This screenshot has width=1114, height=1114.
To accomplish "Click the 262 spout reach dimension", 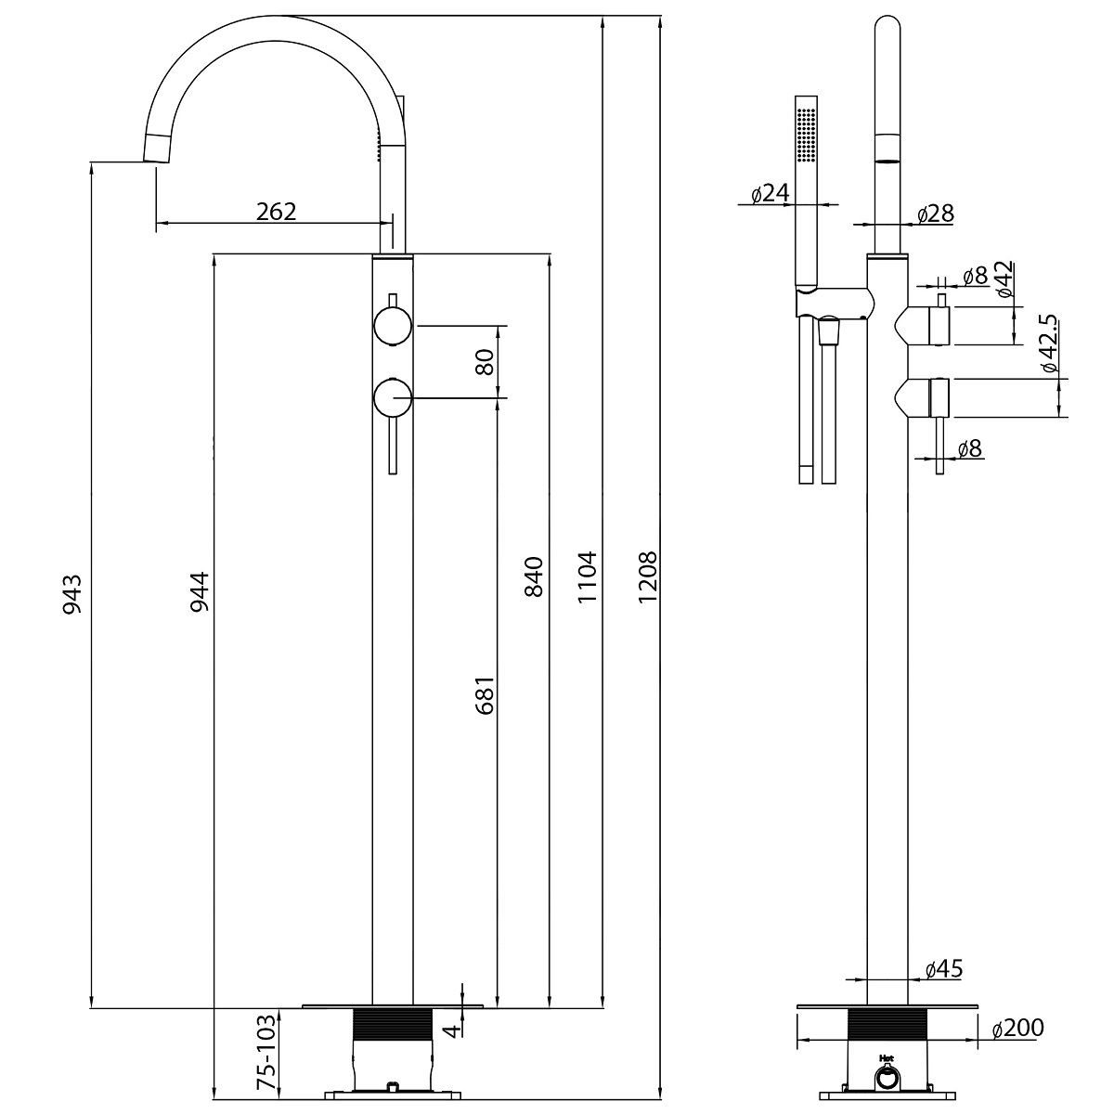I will click(x=276, y=211).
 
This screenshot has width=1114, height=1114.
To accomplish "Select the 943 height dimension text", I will click(x=73, y=594).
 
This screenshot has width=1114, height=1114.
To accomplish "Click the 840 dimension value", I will click(x=535, y=577).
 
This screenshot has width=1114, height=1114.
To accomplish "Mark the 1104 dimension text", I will click(x=587, y=577).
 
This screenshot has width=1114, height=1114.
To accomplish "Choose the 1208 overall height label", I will click(x=647, y=577).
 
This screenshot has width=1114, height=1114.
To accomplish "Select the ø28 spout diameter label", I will click(x=935, y=214).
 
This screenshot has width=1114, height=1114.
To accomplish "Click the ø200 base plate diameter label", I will click(x=1017, y=1028).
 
